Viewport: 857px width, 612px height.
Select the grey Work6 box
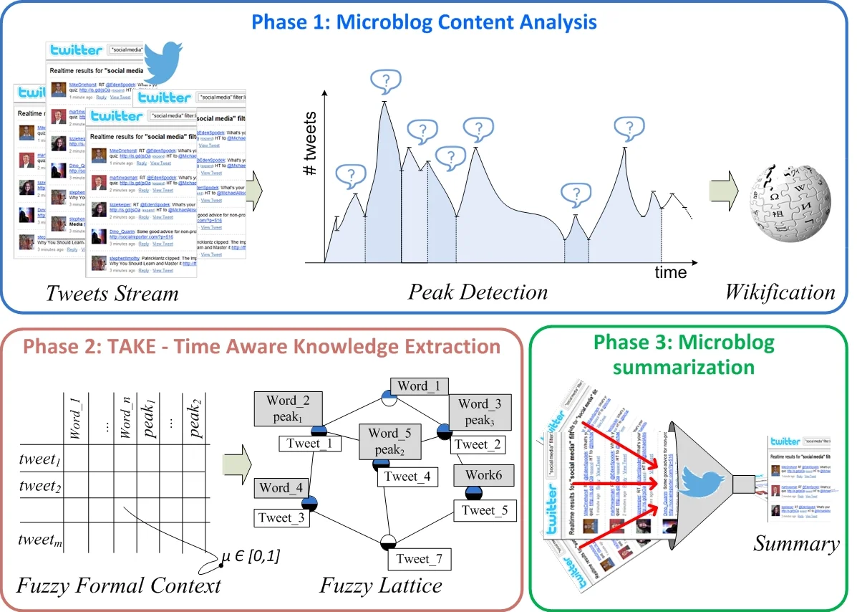(x=484, y=475)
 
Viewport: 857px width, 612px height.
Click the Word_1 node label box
(x=419, y=386)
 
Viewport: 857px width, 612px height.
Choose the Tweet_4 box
(x=407, y=477)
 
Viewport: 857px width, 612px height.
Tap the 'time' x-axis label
(x=670, y=272)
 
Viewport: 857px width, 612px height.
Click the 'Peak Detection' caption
(x=478, y=292)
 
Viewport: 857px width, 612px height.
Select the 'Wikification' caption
(x=780, y=292)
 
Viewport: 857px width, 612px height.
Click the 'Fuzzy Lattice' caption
(x=380, y=585)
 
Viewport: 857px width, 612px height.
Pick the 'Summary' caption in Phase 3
(x=795, y=544)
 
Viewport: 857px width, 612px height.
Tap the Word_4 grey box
(x=284, y=488)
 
